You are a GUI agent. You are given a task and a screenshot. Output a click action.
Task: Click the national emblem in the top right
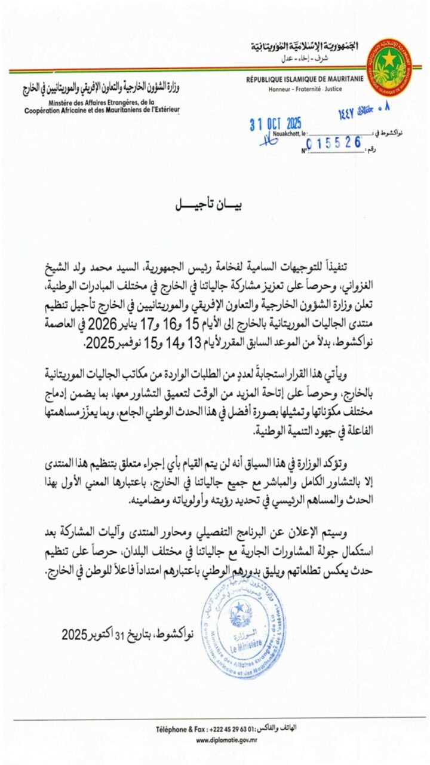point(389,67)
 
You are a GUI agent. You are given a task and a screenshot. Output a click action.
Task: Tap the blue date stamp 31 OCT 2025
point(275,124)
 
